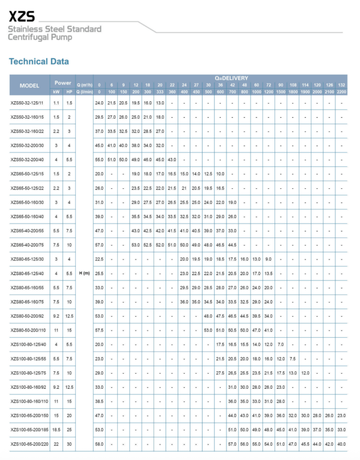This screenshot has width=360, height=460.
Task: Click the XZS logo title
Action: (x=22, y=16)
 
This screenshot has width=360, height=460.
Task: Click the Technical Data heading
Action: (x=39, y=62)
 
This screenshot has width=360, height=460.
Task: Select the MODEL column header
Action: (x=29, y=86)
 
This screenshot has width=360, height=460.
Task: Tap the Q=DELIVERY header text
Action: (x=231, y=78)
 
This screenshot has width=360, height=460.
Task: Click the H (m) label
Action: (x=85, y=273)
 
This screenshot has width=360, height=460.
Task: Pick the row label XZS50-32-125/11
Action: (x=27, y=103)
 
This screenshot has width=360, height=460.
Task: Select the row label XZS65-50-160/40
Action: (x=27, y=216)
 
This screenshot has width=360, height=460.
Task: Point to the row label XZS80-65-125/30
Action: (x=27, y=259)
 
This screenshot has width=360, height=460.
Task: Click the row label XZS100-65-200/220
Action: (x=30, y=444)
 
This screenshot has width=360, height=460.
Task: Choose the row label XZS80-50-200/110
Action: (x=28, y=330)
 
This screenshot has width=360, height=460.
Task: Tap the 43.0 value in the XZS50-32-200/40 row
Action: (x=172, y=160)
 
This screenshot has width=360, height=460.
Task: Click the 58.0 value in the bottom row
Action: (x=99, y=444)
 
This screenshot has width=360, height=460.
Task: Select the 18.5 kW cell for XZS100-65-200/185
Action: (x=56, y=430)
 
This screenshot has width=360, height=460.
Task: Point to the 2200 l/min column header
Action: (x=342, y=92)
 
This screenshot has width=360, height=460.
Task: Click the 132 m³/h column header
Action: (x=342, y=85)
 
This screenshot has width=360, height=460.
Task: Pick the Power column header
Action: (x=63, y=83)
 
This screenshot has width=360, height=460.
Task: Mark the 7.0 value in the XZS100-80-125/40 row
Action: (x=281, y=344)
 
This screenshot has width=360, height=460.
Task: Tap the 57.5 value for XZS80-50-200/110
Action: (x=99, y=330)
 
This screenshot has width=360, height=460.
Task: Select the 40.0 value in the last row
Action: (x=342, y=444)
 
